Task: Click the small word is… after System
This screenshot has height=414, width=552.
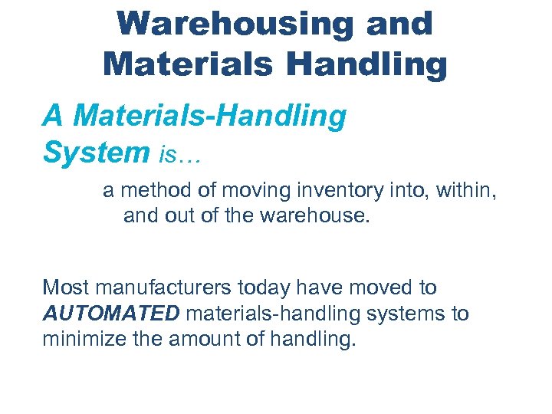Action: pyautogui.click(x=180, y=155)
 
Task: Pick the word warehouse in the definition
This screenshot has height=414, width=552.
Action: pyautogui.click(x=321, y=216)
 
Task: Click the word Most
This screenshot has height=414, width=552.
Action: pyautogui.click(x=64, y=288)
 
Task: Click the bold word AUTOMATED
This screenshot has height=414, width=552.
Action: pyautogui.click(x=112, y=314)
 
